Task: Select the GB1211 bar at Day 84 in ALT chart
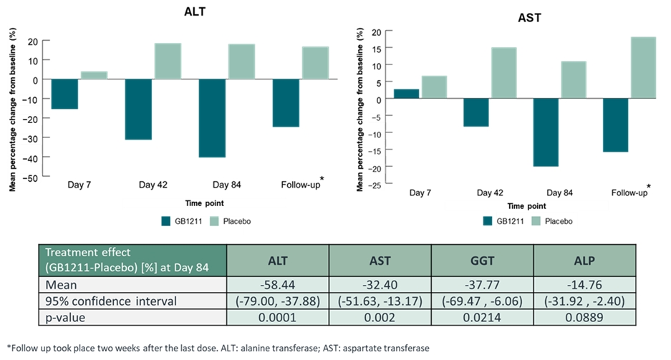[x=212, y=118]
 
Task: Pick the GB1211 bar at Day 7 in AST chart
[x=407, y=94]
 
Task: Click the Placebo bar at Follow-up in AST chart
[x=643, y=67]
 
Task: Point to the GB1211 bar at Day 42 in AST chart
[x=476, y=112]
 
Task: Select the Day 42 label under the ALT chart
[x=152, y=185]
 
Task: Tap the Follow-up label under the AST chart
[x=629, y=193]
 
